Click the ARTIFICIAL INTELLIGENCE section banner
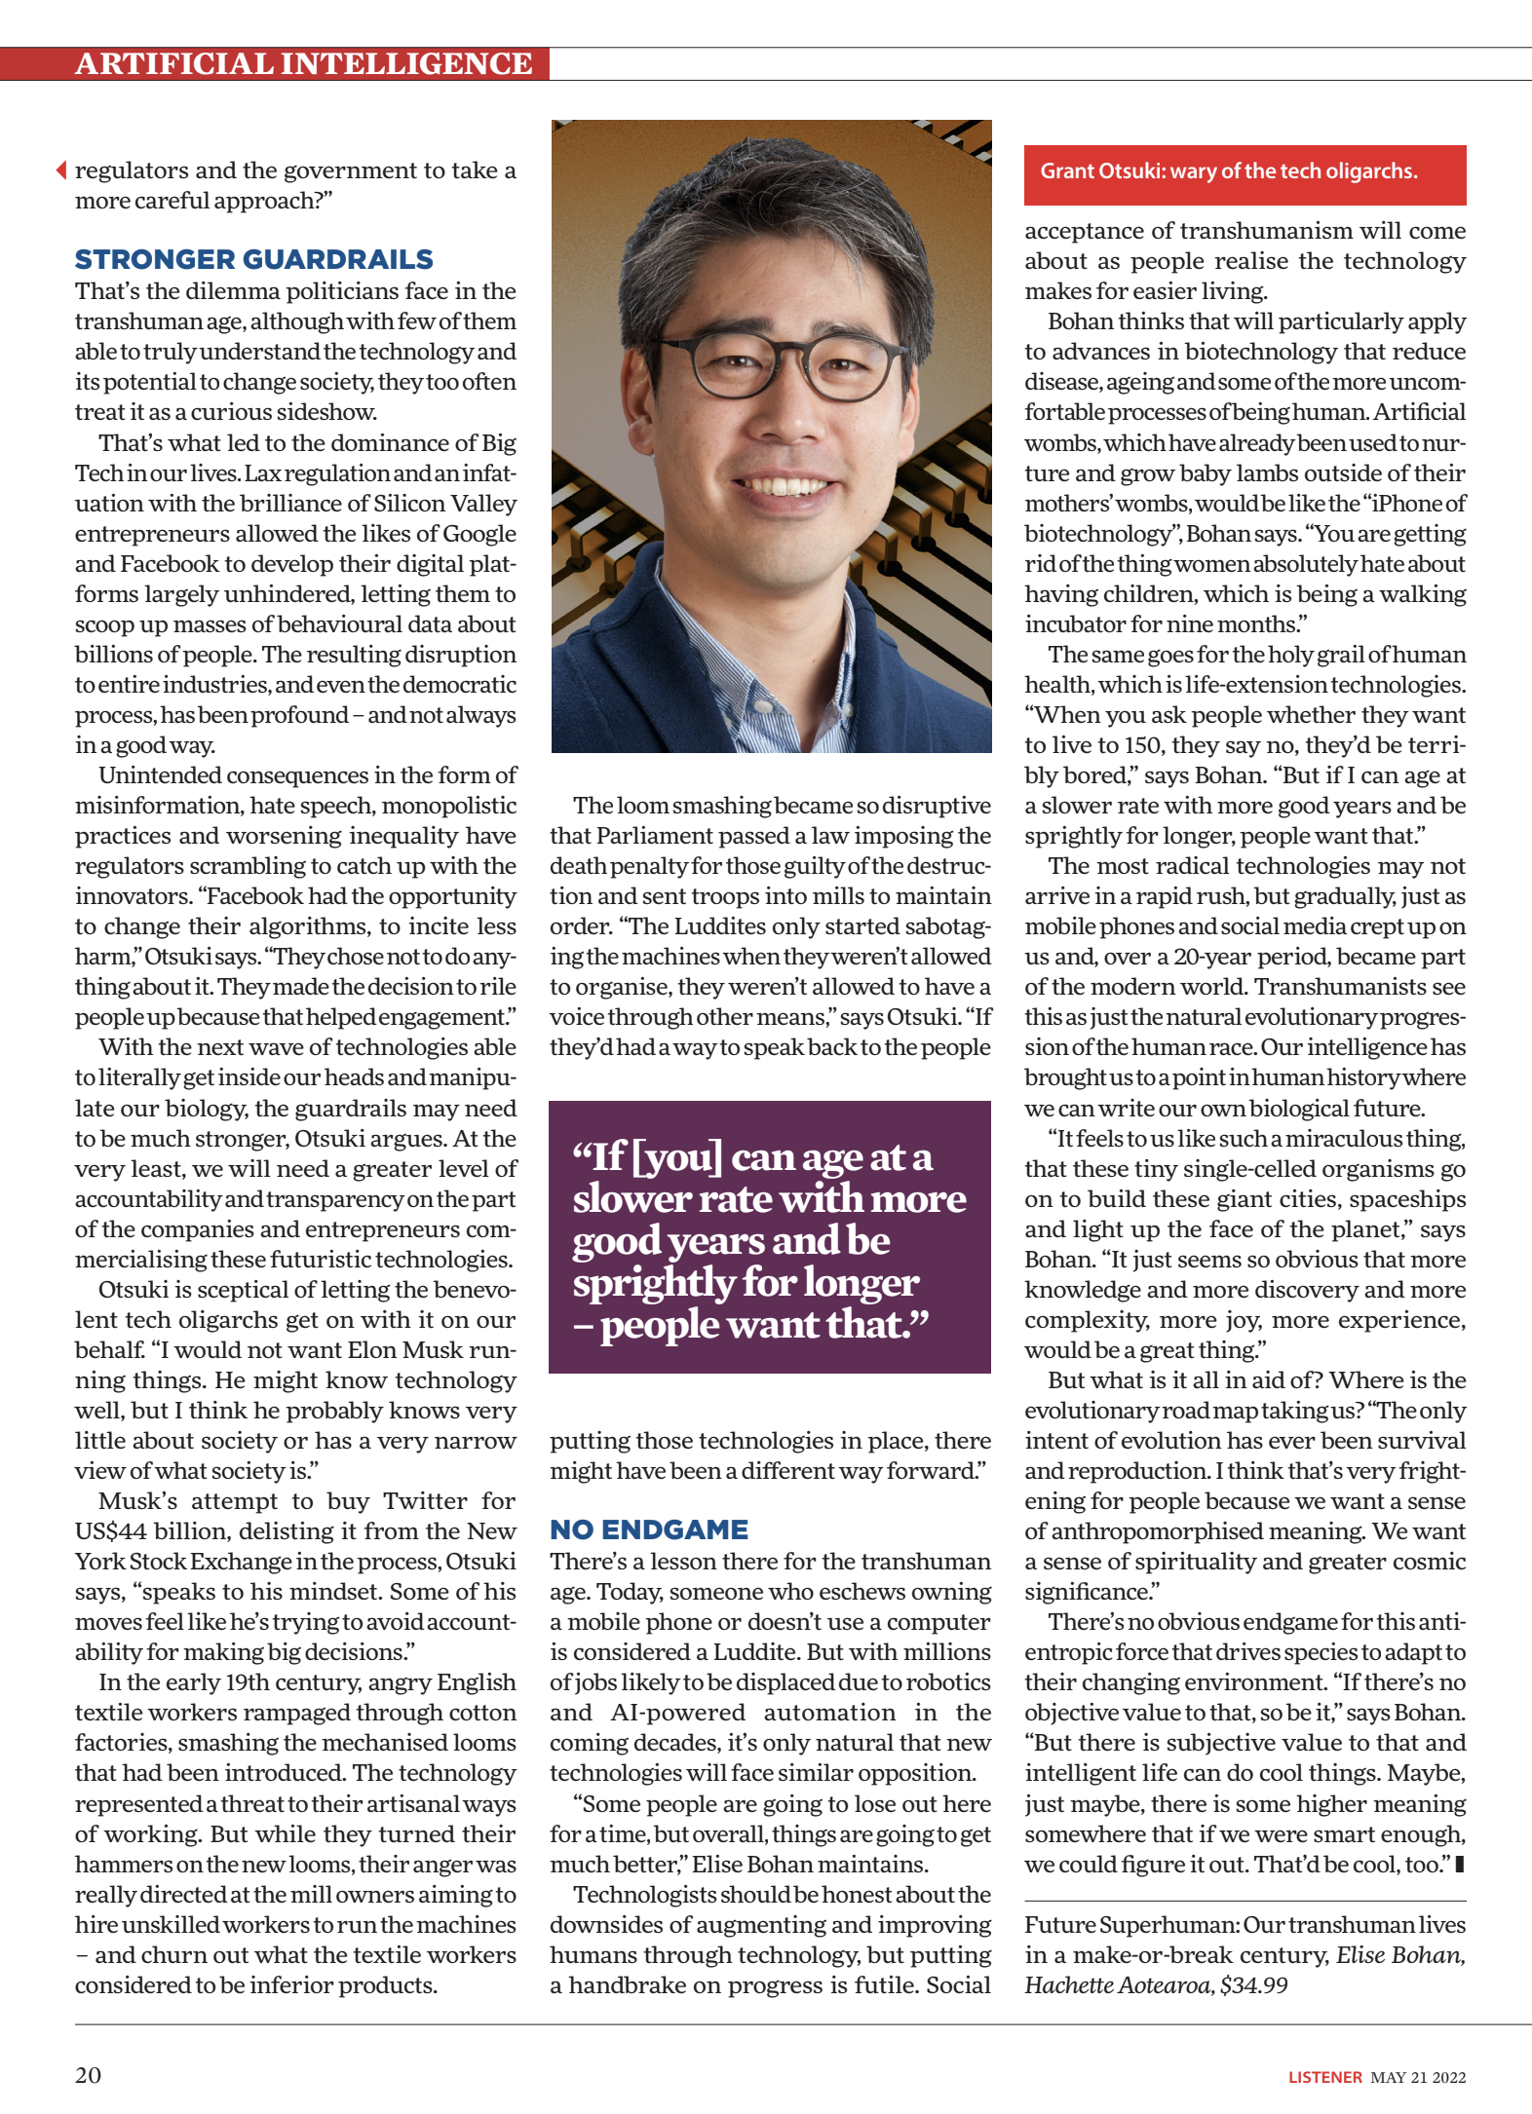coord(303,64)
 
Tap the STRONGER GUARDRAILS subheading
coord(254,259)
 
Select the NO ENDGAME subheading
coord(649,1529)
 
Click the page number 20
coord(88,2075)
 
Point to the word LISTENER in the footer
coord(1324,2077)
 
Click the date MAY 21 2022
coord(1418,2077)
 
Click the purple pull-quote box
coord(769,1237)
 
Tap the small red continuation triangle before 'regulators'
coord(61,170)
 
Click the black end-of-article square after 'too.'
coord(1459,1865)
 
